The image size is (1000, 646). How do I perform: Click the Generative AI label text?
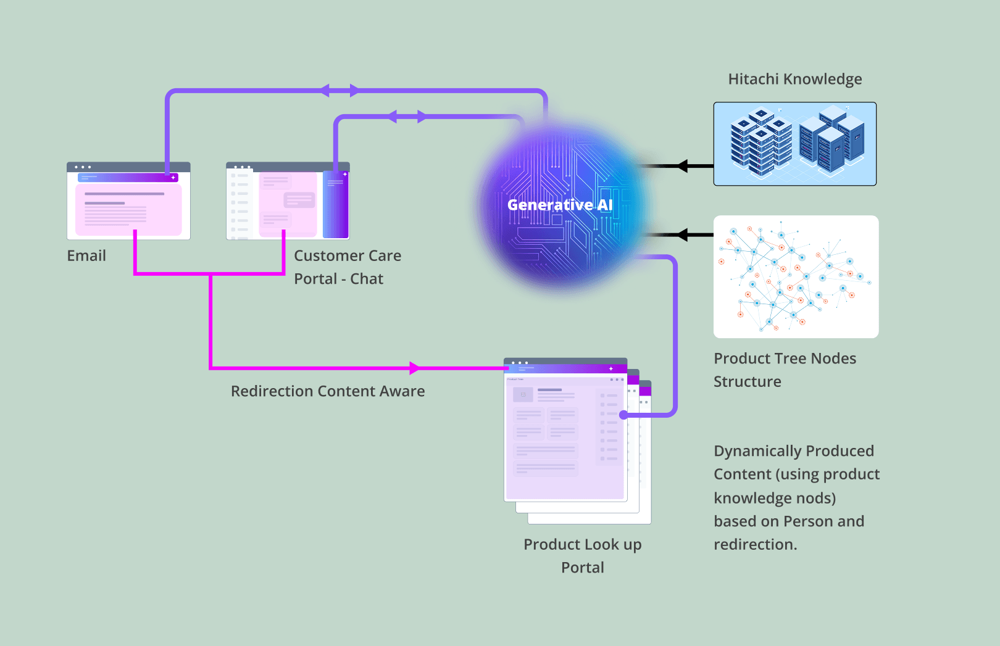click(x=559, y=205)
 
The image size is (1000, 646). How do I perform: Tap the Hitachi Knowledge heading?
click(x=794, y=79)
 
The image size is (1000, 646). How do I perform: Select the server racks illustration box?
click(x=794, y=144)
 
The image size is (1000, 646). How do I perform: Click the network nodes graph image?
click(x=796, y=276)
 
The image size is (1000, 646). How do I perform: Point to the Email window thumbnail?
click(x=128, y=201)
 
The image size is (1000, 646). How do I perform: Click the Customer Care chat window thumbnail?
click(x=288, y=201)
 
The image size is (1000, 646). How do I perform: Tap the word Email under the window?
click(x=86, y=255)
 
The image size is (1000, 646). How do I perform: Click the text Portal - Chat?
click(x=338, y=279)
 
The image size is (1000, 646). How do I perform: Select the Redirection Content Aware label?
click(x=328, y=391)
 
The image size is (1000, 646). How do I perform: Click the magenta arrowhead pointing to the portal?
click(x=414, y=368)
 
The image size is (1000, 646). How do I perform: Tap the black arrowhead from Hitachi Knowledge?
click(x=682, y=166)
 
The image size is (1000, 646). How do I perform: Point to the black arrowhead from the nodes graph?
click(x=682, y=234)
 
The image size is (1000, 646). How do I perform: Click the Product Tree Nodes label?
click(x=785, y=358)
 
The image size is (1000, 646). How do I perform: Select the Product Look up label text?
click(x=582, y=545)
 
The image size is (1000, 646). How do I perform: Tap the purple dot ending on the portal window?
click(x=623, y=415)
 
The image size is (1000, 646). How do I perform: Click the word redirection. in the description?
click(x=755, y=545)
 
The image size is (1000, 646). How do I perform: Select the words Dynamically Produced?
click(x=793, y=451)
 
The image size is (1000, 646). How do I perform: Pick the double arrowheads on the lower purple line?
click(x=407, y=117)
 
